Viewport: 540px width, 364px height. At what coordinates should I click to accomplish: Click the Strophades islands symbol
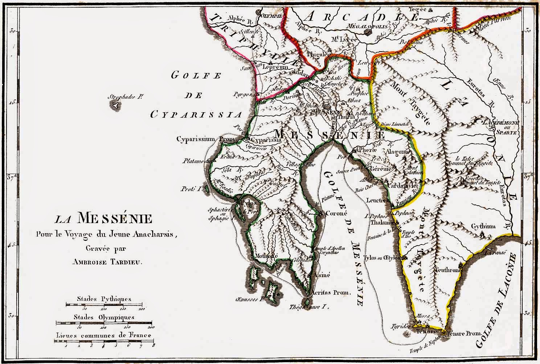tap(115, 106)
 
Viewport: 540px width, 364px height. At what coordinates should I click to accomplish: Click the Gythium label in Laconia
tap(483, 226)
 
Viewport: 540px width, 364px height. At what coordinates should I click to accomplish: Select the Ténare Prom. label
tap(465, 333)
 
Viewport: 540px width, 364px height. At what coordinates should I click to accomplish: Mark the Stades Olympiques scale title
tap(104, 317)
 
